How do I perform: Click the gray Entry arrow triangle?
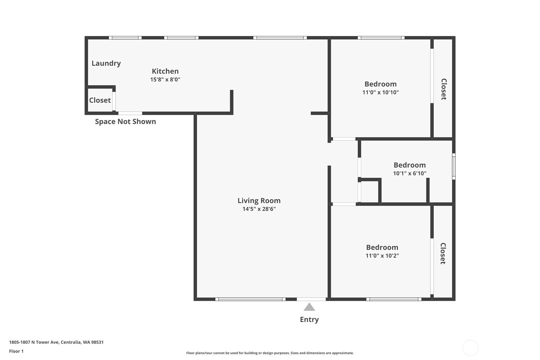pos(309,307)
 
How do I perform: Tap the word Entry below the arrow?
pos(309,320)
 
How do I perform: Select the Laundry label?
pos(106,63)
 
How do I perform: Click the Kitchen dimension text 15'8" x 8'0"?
pos(165,80)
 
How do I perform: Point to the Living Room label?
pos(259,201)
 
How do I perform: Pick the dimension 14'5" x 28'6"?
pos(259,209)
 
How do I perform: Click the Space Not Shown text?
pos(125,122)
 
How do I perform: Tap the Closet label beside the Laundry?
pos(100,100)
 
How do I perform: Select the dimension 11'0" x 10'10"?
pos(381,92)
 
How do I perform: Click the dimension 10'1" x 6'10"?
pos(410,173)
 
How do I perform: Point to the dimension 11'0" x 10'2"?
pos(382,256)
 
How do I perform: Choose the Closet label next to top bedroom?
pos(444,89)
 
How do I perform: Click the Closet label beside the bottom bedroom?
pos(443,253)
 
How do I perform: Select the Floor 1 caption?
pos(17,351)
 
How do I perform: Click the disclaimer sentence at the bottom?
pos(270,353)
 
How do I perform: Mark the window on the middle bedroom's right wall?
pos(454,166)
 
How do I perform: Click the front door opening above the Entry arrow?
pos(311,299)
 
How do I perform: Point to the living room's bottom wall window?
pos(250,299)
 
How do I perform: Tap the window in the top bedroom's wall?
pos(381,38)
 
